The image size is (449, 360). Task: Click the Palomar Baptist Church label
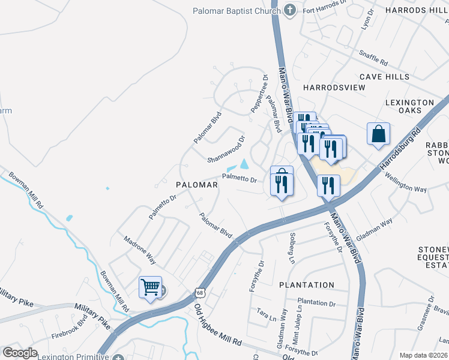coord(236,11)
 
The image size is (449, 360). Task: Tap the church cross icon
coord(290,10)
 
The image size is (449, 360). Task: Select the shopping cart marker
coord(150,286)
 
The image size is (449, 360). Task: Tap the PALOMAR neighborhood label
coord(196,185)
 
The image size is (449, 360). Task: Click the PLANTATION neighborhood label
coord(307,285)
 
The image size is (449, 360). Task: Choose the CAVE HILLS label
coord(384,77)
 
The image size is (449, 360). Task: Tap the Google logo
coord(20,353)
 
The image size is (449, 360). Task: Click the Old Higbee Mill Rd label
coord(217,325)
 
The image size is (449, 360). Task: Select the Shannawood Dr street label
coord(226,148)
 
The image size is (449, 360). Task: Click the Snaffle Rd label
coord(374,58)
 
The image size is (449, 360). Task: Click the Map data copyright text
coord(424,355)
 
